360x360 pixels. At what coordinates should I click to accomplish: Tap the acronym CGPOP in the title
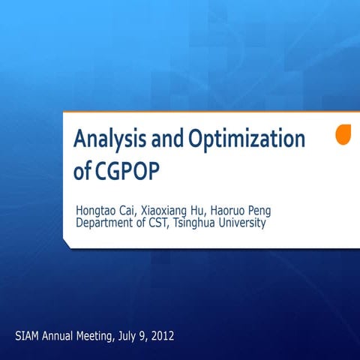(127, 171)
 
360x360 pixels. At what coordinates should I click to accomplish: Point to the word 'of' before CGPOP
(82, 171)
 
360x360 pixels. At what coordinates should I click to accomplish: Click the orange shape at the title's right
(343, 135)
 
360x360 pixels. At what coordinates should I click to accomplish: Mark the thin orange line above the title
(210, 112)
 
